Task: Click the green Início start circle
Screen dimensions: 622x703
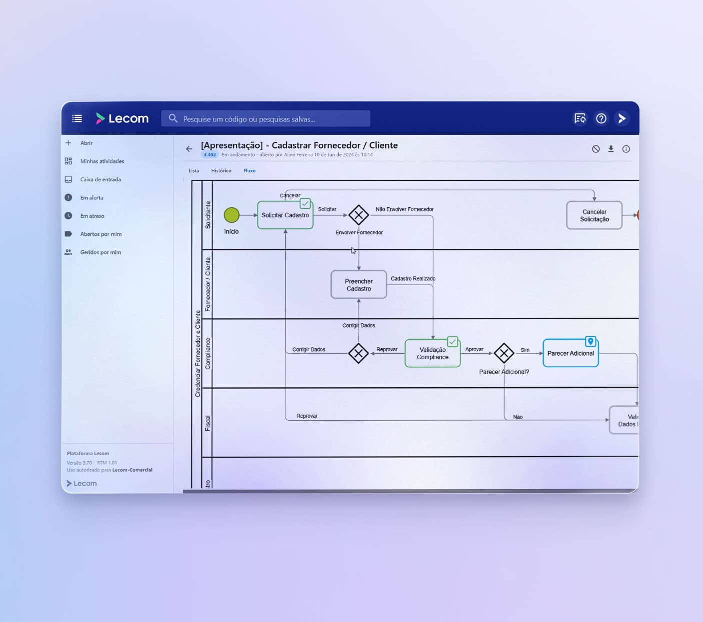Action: point(231,215)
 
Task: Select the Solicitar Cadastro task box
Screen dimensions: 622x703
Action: point(285,215)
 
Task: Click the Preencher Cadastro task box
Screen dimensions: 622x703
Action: point(359,285)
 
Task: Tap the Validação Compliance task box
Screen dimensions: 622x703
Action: point(432,353)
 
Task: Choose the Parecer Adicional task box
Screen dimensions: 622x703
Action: point(570,353)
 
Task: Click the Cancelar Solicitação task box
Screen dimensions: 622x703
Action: point(594,215)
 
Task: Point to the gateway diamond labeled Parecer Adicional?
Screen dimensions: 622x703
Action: point(504,353)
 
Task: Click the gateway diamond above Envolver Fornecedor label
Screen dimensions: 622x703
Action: point(358,215)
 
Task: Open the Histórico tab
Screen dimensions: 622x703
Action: point(221,171)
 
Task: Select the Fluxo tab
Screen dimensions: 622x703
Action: point(249,171)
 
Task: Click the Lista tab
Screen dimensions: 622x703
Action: point(194,171)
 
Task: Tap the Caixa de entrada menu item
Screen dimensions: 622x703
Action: point(100,179)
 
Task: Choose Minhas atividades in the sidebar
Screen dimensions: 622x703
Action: point(102,161)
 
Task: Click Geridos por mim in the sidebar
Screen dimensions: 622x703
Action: point(100,252)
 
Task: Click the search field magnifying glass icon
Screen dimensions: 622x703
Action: point(173,118)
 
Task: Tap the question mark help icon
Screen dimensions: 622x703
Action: point(601,118)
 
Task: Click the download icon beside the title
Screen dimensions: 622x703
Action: point(611,149)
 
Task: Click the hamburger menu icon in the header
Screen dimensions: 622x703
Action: point(77,118)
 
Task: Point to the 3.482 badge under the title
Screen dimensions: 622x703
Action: point(210,155)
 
